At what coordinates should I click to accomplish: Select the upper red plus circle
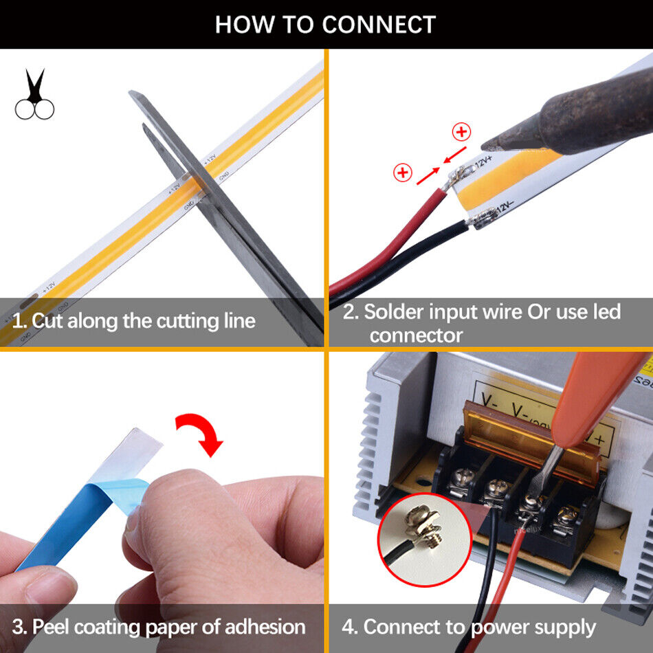(x=461, y=132)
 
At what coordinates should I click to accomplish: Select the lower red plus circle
(x=402, y=173)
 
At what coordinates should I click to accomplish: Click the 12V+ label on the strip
(x=483, y=162)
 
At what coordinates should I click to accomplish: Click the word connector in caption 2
(x=415, y=335)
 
